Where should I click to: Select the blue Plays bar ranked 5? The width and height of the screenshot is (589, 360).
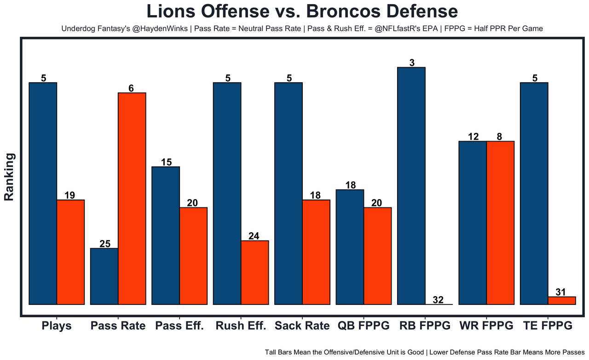(43, 193)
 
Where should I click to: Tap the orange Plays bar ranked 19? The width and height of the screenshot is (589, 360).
(70, 252)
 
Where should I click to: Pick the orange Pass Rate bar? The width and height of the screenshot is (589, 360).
(132, 198)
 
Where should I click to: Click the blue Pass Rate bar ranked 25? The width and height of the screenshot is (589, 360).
(104, 276)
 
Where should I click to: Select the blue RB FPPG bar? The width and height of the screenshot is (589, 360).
(411, 186)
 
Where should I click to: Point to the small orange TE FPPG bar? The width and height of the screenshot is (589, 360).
(561, 300)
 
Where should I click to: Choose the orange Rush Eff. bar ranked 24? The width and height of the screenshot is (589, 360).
(255, 272)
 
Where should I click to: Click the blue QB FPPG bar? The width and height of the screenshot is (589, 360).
(350, 247)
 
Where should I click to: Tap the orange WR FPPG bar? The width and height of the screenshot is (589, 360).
(500, 223)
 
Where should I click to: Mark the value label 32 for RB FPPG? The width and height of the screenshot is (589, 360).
(438, 300)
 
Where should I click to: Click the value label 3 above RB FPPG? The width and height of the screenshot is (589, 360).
(412, 63)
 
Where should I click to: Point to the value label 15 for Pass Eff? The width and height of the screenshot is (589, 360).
(167, 162)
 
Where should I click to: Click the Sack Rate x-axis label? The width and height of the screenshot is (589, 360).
(302, 326)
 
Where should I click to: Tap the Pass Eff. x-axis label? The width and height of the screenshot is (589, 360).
(179, 326)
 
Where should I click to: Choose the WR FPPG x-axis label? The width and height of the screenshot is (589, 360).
(486, 326)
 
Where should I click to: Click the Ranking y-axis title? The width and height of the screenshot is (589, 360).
(10, 177)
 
